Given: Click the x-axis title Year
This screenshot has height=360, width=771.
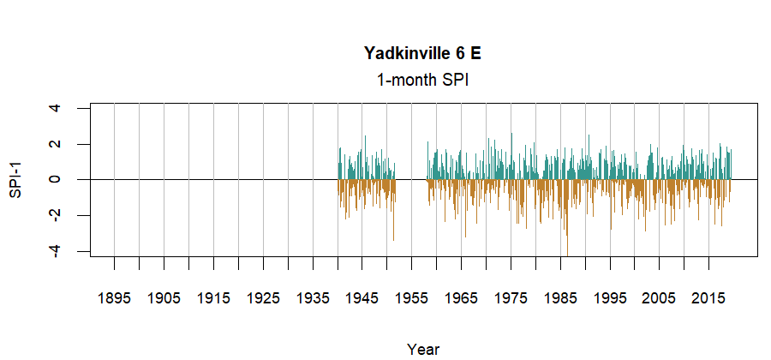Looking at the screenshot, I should [423, 349].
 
